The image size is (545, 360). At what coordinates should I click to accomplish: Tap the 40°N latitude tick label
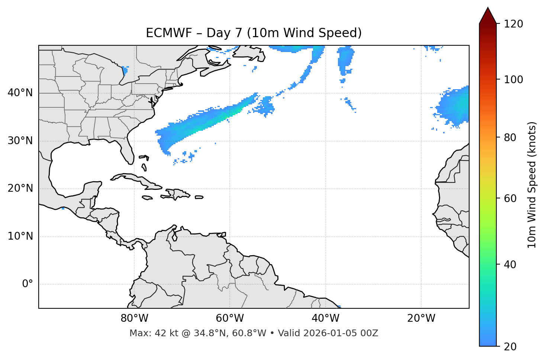[20, 93]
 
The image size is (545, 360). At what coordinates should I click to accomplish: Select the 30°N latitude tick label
[20, 141]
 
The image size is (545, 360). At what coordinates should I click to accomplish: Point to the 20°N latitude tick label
[20, 188]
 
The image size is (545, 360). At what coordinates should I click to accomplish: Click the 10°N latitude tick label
[20, 236]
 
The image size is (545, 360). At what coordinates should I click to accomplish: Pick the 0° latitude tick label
[27, 284]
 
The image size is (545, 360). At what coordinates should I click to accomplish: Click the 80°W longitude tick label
[134, 318]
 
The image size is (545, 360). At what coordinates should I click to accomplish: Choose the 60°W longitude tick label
[230, 318]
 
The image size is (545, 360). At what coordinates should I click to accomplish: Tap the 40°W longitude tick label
[325, 318]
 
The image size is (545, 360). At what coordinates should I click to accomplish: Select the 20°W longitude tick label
[421, 318]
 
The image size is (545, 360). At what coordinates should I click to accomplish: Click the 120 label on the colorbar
[513, 24]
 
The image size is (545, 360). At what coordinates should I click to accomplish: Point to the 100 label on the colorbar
[513, 80]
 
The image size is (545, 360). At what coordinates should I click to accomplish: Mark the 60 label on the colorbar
[510, 198]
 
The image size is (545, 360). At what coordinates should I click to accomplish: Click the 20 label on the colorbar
[510, 347]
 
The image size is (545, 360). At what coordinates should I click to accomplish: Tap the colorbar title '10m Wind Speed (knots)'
[532, 185]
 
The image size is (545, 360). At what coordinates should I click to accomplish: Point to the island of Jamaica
[147, 198]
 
